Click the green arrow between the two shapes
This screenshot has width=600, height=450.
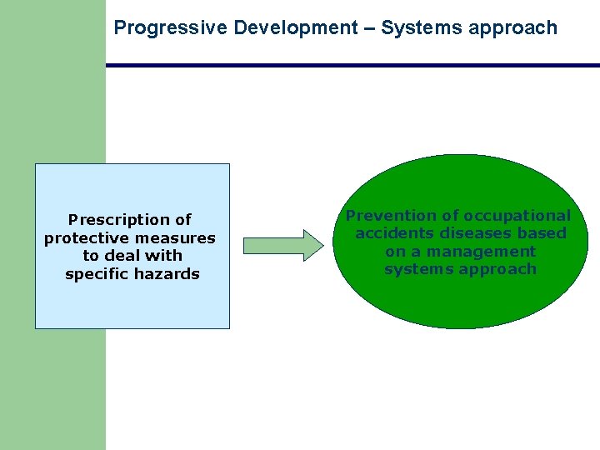[282, 245]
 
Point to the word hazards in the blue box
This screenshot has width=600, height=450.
[171, 274]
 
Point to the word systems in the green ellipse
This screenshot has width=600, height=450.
[413, 269]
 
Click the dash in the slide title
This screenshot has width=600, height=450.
[370, 28]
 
